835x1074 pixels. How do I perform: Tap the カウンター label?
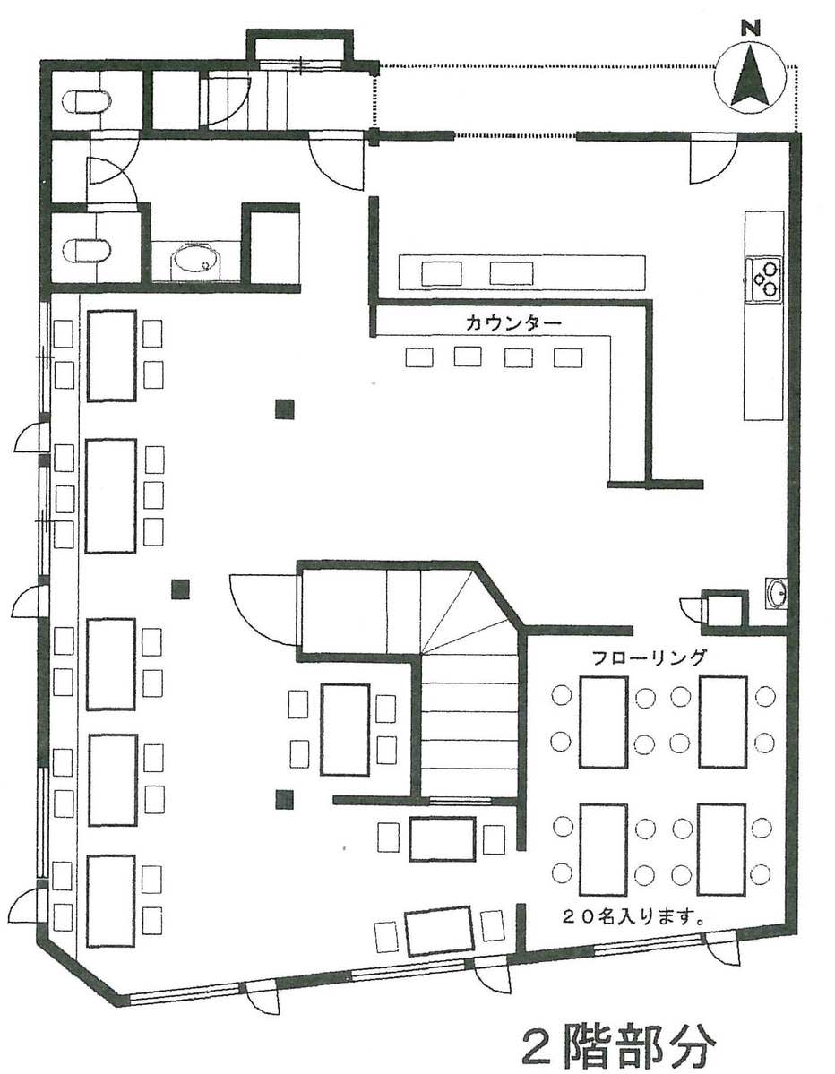click(513, 322)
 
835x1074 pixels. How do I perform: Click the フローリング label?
click(649, 657)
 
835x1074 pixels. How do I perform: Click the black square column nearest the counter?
click(284, 409)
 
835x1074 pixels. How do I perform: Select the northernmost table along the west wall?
click(112, 356)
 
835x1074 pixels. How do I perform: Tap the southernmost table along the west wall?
click(111, 901)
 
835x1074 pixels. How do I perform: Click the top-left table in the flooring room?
click(604, 722)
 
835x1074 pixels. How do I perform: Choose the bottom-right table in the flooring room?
click(721, 849)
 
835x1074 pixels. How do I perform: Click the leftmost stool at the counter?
click(420, 357)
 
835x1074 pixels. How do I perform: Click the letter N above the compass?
click(752, 28)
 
